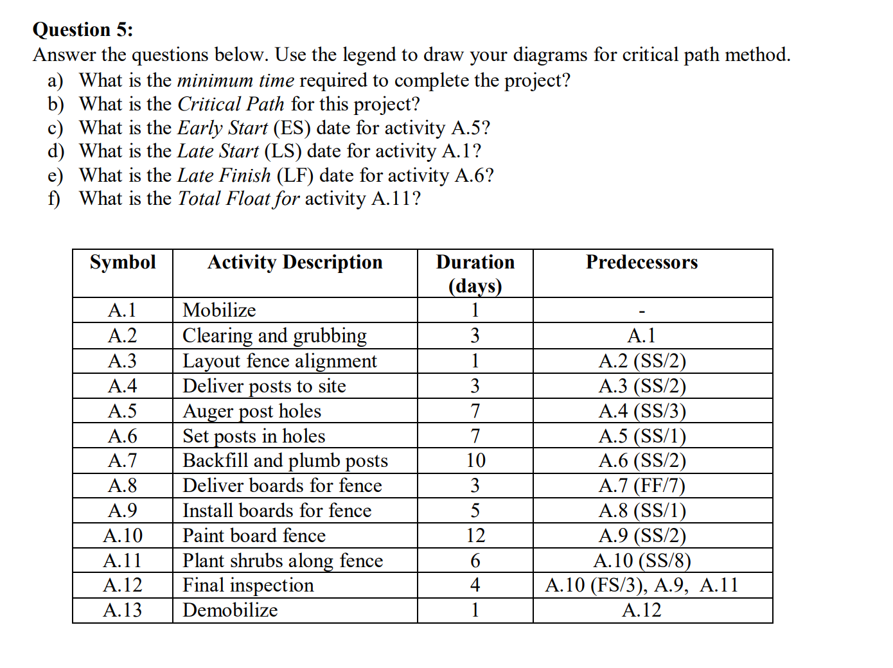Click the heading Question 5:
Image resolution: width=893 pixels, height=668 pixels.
coord(83,30)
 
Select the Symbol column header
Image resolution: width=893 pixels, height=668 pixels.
coord(123,262)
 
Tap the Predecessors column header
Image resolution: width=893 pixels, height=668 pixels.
coord(641,262)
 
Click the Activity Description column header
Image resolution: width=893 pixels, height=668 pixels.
coord(295,262)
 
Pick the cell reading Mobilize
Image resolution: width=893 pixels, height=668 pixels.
coord(219,310)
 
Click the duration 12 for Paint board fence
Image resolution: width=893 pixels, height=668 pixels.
coord(475,536)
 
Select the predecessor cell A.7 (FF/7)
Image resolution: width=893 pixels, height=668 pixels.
coord(642,486)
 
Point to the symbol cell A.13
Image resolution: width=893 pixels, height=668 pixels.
coord(123,610)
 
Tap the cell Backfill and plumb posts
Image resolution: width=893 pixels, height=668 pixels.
coord(285,461)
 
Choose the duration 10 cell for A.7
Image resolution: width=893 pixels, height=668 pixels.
coord(475,461)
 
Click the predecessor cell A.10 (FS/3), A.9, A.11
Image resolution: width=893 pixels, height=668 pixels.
coord(642,585)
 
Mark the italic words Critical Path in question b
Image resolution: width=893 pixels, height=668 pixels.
coord(231,104)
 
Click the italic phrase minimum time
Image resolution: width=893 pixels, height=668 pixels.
coord(235,80)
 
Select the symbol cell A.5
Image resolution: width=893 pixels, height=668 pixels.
coord(123,410)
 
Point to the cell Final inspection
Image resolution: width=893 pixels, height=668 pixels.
coord(248,585)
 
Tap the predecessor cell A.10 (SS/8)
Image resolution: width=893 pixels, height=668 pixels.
coord(642,561)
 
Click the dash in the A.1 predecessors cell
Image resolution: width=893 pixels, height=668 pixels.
coord(642,312)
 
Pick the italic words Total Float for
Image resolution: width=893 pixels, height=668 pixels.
coord(238,198)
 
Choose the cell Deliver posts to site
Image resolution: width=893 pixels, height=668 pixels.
coord(264,386)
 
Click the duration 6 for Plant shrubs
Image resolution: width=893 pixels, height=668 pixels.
coord(475,561)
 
